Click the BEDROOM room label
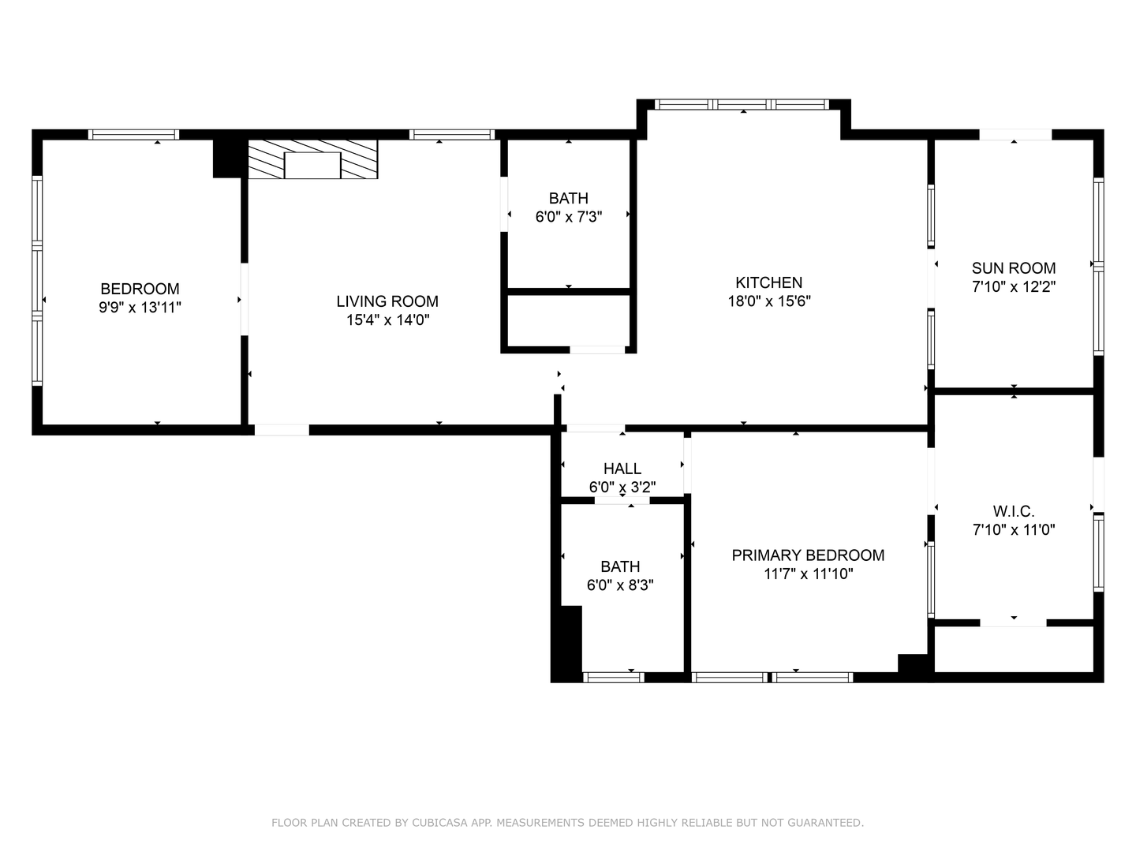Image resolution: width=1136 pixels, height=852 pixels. click(140, 289)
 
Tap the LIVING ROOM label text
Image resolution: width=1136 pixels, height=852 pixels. click(387, 301)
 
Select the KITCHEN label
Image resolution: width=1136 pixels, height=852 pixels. click(768, 282)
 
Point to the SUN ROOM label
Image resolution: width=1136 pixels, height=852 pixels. click(1014, 268)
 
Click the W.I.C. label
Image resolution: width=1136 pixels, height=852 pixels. click(1014, 512)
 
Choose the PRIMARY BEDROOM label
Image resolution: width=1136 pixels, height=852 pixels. click(808, 555)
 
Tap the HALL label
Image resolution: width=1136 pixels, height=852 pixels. click(622, 469)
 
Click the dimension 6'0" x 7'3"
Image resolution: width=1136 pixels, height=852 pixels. click(568, 217)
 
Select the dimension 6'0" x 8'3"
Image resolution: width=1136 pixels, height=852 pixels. click(620, 585)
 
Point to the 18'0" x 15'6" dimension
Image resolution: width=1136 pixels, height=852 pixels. click(769, 301)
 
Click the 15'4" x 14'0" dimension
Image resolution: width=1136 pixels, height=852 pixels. click(387, 319)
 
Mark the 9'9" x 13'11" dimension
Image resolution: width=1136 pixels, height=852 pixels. click(140, 308)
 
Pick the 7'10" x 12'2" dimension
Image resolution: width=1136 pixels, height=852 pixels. click(1014, 286)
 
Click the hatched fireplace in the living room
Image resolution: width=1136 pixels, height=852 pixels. click(312, 159)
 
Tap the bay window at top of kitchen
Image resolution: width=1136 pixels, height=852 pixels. click(742, 104)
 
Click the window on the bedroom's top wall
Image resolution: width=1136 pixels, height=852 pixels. click(133, 134)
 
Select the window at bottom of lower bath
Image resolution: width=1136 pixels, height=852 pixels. click(613, 678)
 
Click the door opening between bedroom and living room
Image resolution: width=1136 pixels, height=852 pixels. click(245, 300)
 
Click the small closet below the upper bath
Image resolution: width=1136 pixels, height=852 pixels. click(568, 321)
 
